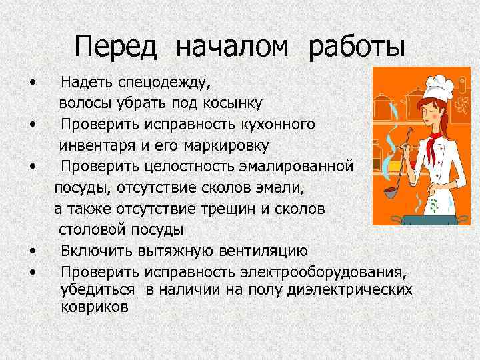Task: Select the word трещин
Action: tap(230, 209)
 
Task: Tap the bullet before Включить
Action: tap(33, 251)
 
